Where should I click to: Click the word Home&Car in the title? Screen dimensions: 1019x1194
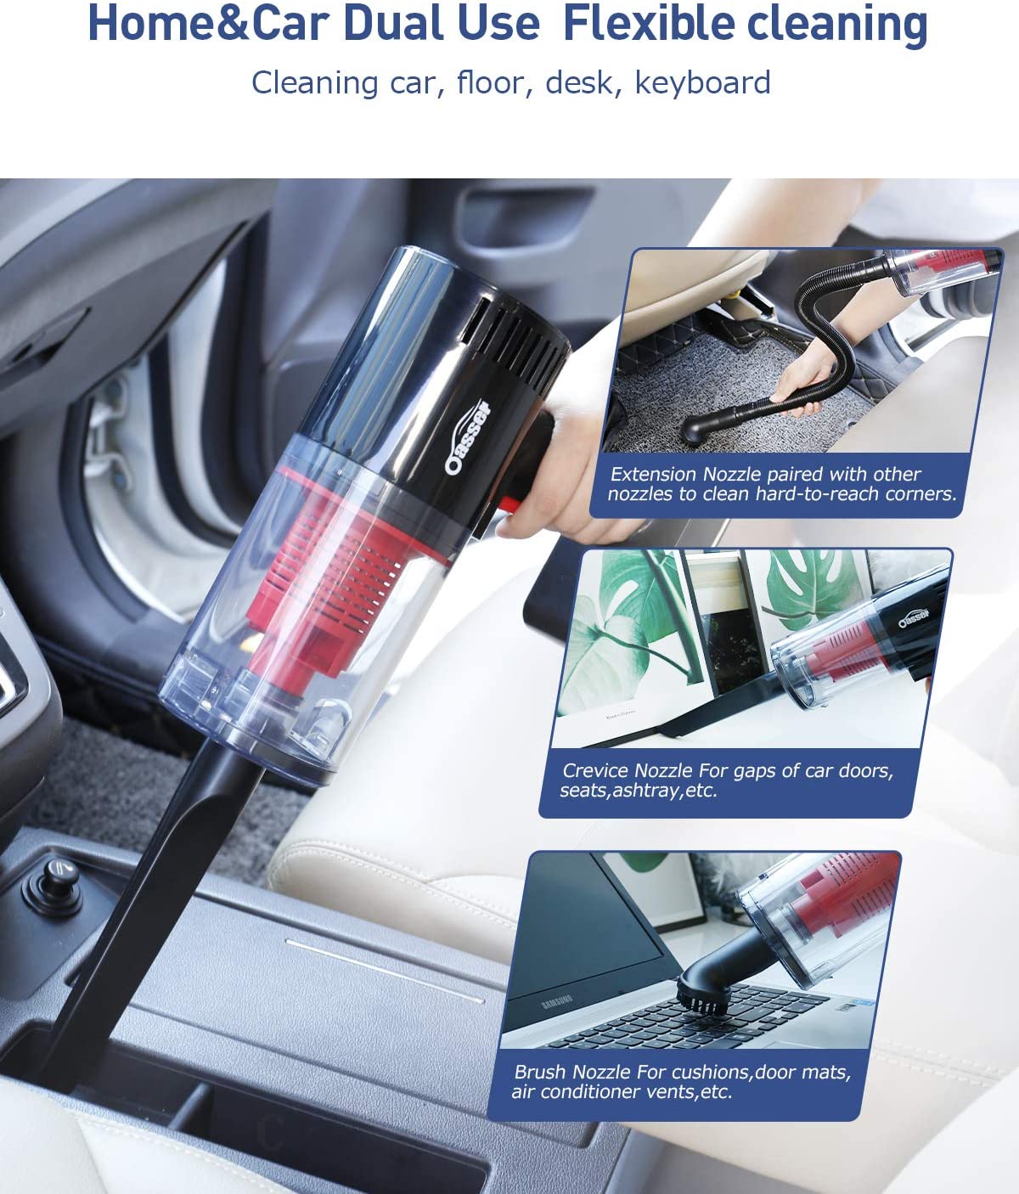click(209, 24)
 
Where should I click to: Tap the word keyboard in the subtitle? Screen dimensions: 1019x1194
click(702, 82)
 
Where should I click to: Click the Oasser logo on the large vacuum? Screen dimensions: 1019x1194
click(468, 437)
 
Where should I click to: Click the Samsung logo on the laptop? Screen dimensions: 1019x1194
click(557, 1001)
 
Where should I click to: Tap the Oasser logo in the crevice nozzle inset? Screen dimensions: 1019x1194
click(914, 617)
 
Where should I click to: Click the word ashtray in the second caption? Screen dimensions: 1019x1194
click(647, 791)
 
